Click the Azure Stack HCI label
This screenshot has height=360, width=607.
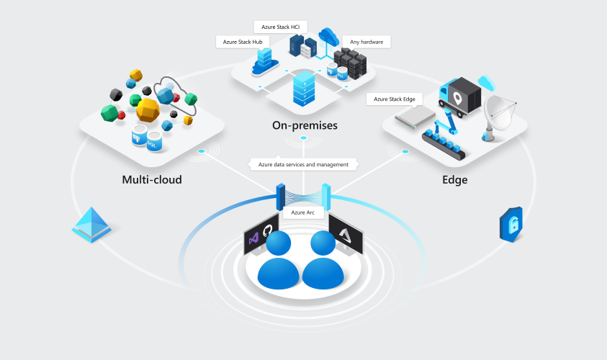(281, 27)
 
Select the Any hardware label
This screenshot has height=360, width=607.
(366, 42)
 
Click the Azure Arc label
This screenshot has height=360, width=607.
(303, 212)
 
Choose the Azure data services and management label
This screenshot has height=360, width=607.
(303, 164)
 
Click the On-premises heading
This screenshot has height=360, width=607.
(305, 126)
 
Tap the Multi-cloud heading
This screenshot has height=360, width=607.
(152, 179)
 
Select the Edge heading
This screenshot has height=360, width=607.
(454, 179)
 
